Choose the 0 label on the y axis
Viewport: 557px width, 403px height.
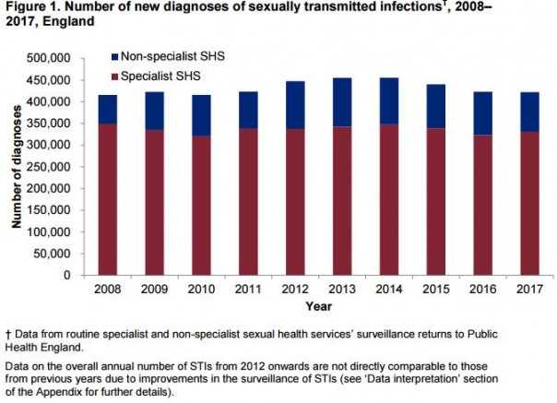point(66,275)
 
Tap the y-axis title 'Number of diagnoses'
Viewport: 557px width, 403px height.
point(17,167)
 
